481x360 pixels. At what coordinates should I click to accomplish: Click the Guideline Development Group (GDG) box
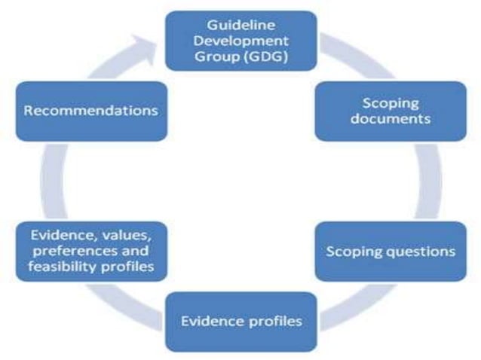pyautogui.click(x=241, y=41)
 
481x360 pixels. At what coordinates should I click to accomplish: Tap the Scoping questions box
pyautogui.click(x=391, y=251)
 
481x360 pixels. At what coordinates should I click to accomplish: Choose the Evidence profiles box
pyautogui.click(x=241, y=322)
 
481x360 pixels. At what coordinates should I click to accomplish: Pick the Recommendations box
pyautogui.click(x=91, y=111)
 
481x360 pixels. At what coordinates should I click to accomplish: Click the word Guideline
pyautogui.click(x=240, y=26)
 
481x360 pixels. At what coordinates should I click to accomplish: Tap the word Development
pyautogui.click(x=240, y=41)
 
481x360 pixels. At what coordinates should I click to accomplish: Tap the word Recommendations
pyautogui.click(x=91, y=111)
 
